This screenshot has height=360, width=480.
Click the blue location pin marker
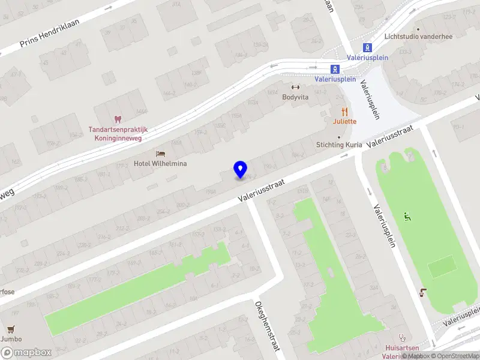(240, 169)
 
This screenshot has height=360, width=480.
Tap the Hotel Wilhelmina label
(160, 163)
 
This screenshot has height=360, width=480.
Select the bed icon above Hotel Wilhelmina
(160, 154)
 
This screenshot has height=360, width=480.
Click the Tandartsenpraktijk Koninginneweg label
(118, 133)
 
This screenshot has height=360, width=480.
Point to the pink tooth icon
(118, 120)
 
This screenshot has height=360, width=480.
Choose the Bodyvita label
(295, 97)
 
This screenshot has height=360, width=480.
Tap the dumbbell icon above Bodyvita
(295, 88)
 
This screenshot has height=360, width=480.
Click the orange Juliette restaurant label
(345, 121)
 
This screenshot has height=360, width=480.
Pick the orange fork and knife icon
(344, 111)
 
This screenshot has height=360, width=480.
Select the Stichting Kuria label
(340, 145)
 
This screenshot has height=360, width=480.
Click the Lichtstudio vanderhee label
(418, 37)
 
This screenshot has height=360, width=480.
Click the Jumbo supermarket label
(10, 339)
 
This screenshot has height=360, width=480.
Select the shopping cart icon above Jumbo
(10, 329)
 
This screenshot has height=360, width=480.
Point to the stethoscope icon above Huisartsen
(402, 338)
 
